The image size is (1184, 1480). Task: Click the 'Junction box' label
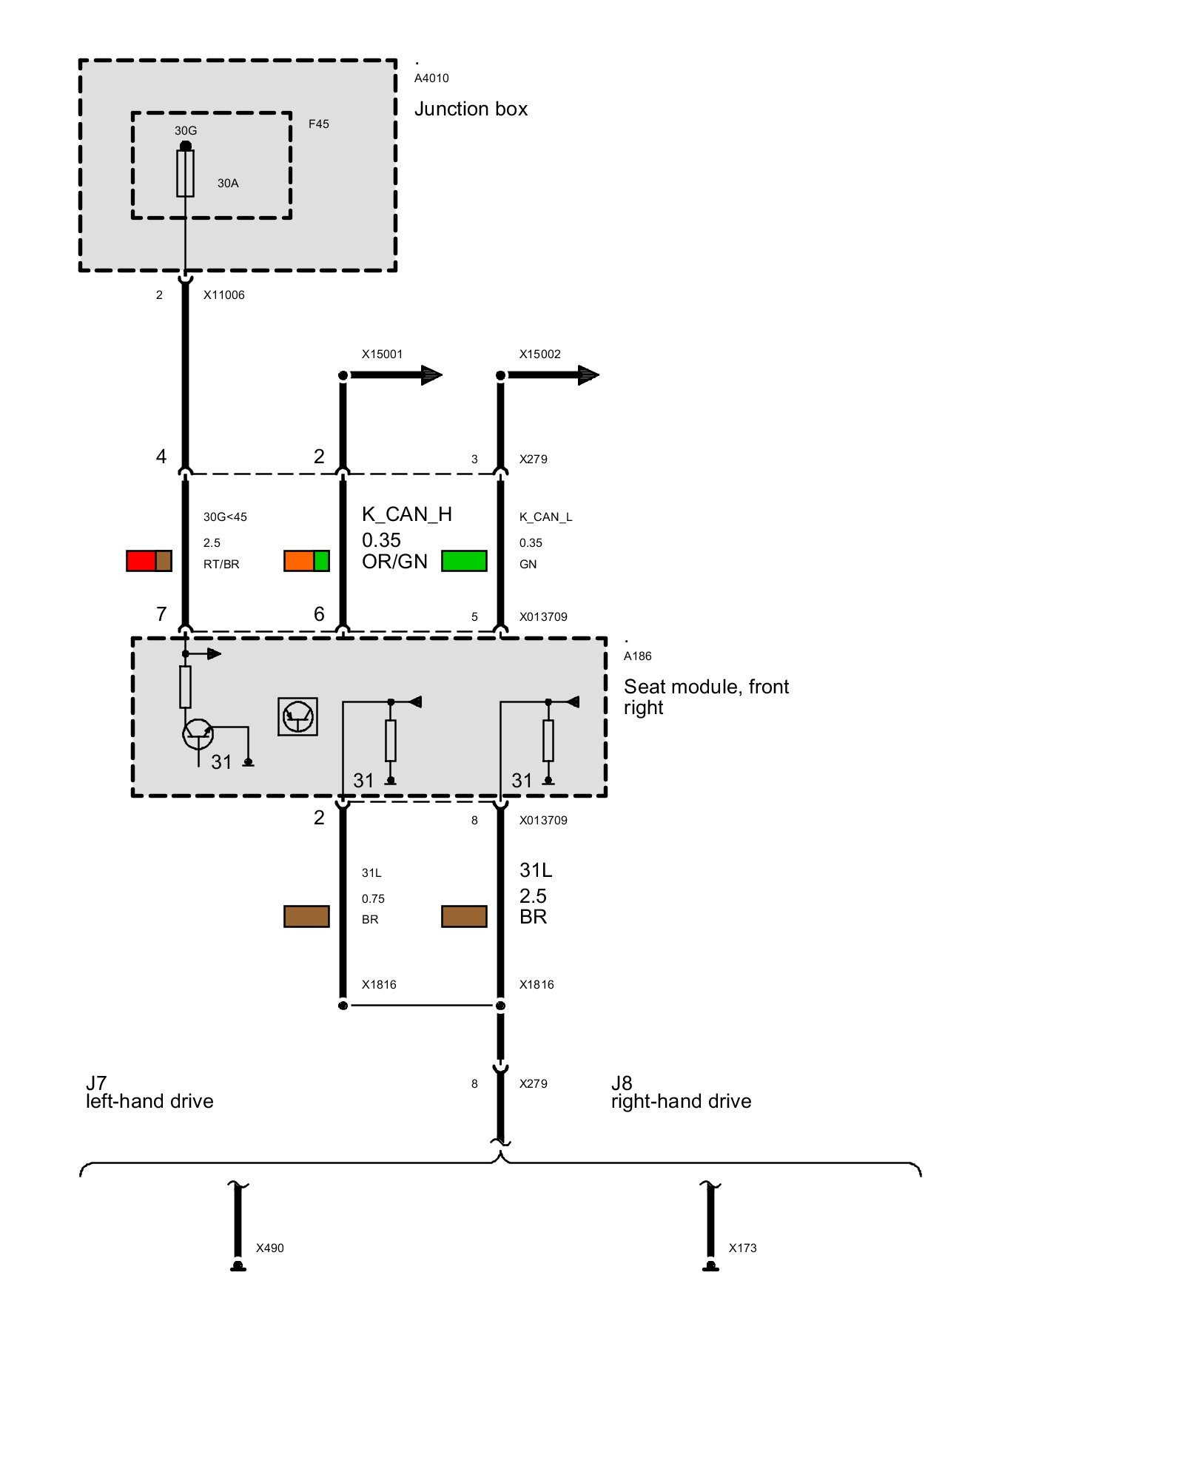point(471,109)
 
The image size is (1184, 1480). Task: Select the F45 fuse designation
point(319,124)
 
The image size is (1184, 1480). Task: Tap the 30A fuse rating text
point(228,183)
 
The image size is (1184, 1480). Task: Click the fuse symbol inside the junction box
point(185,173)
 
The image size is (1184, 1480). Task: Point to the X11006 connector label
point(224,295)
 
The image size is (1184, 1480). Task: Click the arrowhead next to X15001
point(431,375)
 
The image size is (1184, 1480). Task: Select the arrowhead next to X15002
point(588,375)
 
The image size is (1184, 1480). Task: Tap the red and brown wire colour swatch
point(149,561)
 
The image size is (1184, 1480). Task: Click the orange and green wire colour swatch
point(306,561)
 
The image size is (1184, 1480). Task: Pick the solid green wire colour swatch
point(464,561)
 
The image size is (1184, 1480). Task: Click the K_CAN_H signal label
point(407,514)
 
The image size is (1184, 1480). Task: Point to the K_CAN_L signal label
point(546,517)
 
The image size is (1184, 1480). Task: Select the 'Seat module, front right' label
point(706,697)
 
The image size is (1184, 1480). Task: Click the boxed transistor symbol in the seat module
point(297,716)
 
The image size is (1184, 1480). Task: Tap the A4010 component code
point(431,78)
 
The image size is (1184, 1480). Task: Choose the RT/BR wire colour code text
point(221,564)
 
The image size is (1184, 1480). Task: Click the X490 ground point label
point(270,1248)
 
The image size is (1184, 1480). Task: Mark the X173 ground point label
point(743,1248)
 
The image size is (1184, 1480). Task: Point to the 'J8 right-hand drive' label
point(681,1092)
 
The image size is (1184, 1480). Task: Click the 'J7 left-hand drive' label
point(149,1092)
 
